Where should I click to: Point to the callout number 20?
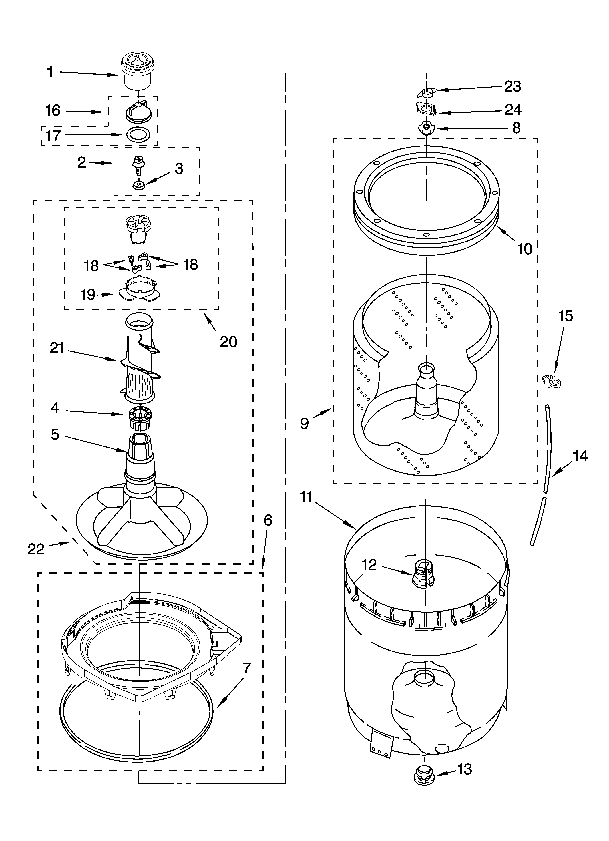(228, 341)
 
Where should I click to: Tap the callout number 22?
(36, 549)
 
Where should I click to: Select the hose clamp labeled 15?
(551, 380)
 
